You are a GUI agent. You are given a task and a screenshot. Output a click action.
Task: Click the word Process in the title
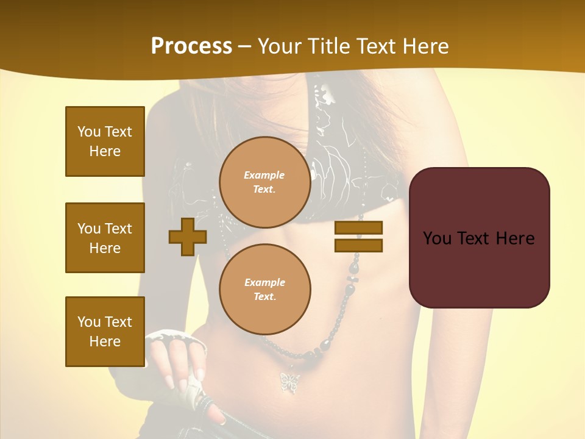tap(191, 46)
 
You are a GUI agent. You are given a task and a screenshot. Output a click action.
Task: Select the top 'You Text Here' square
tap(105, 141)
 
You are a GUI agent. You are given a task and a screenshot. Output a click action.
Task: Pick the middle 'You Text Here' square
tap(105, 238)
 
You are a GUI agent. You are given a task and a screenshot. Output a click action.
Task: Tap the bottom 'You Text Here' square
tap(105, 332)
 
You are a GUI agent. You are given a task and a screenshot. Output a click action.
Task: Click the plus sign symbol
tap(188, 237)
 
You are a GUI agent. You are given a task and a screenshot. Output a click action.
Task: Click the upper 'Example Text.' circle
tap(265, 182)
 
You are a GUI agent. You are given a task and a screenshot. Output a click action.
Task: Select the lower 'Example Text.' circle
tap(265, 289)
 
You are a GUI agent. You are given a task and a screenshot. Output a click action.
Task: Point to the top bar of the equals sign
tap(358, 228)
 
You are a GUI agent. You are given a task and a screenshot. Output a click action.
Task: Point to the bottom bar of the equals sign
tap(358, 246)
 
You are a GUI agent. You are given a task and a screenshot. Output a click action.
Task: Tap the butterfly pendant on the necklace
tap(289, 381)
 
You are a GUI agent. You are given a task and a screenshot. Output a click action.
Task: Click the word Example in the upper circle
tap(264, 175)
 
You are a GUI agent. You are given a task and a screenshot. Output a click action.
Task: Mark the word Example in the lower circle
tap(264, 282)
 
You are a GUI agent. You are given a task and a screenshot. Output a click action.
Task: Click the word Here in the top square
tap(105, 151)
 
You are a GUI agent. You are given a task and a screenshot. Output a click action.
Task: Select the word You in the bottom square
tap(89, 322)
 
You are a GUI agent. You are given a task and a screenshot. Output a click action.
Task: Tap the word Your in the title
tap(280, 46)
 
